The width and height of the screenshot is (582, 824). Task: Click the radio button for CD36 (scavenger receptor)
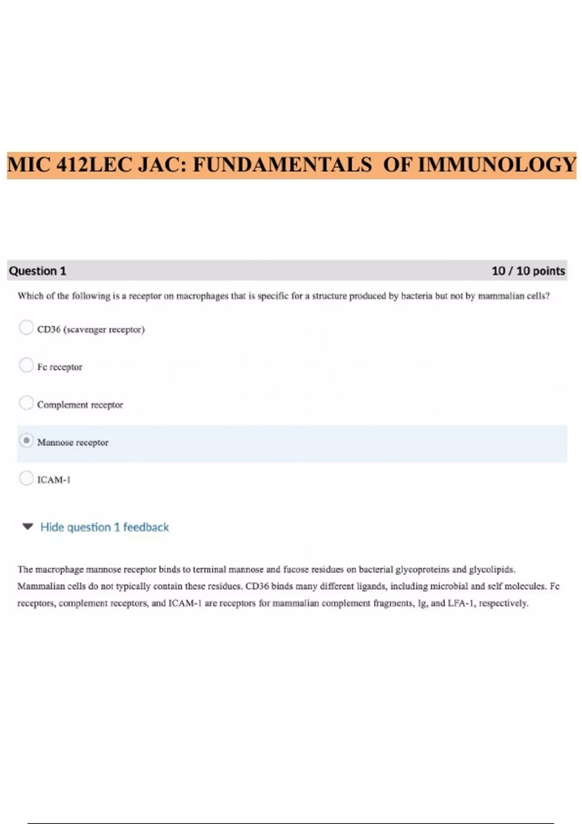pyautogui.click(x=26, y=328)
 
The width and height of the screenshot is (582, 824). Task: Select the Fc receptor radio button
pyautogui.click(x=26, y=365)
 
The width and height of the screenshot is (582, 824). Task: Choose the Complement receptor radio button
pyautogui.click(x=26, y=403)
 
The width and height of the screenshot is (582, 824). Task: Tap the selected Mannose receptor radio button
pyautogui.click(x=26, y=441)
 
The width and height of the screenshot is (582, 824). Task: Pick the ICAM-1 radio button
pyautogui.click(x=26, y=478)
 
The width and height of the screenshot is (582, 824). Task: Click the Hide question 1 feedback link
pyautogui.click(x=104, y=527)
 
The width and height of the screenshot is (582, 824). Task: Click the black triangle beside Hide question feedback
pyautogui.click(x=28, y=526)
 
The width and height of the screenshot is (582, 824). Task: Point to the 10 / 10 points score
pyautogui.click(x=528, y=271)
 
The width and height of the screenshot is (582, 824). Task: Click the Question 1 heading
pyautogui.click(x=37, y=271)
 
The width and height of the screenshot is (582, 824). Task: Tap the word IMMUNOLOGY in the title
pyautogui.click(x=497, y=165)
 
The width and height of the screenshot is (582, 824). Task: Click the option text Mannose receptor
pyautogui.click(x=73, y=442)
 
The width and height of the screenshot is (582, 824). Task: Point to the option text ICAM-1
pyautogui.click(x=54, y=480)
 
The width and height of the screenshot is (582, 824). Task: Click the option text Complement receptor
pyautogui.click(x=80, y=405)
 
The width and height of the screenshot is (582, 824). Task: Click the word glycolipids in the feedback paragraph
pyautogui.click(x=491, y=569)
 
